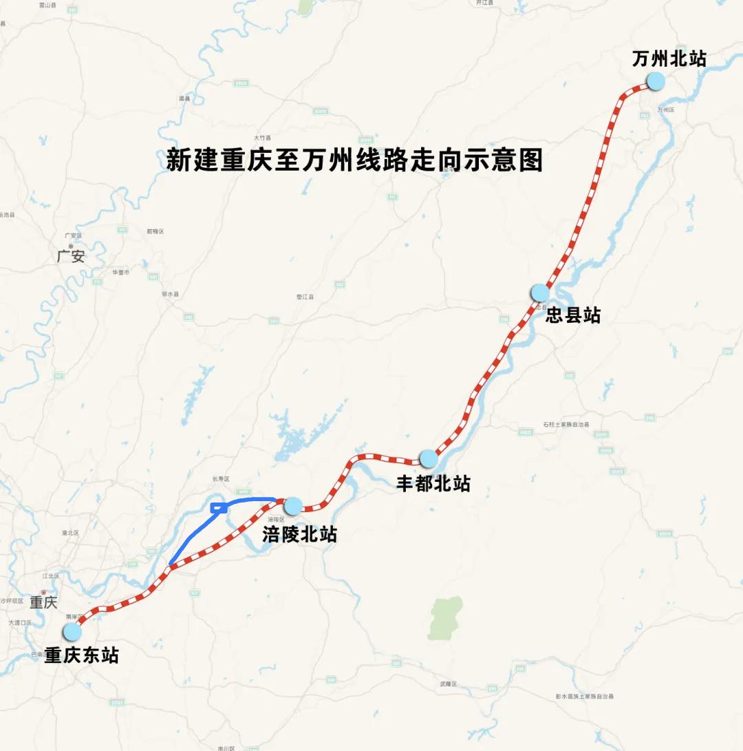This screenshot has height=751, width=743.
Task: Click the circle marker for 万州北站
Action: (x=656, y=81)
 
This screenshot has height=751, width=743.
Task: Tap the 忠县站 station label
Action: (x=573, y=315)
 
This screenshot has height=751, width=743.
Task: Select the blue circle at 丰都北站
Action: (x=428, y=458)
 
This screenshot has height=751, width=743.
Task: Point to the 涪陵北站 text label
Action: (x=300, y=534)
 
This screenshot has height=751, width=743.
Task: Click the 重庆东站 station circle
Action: (x=72, y=632)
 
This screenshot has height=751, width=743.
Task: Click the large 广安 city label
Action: (x=71, y=257)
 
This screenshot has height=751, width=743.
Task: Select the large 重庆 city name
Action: (x=43, y=602)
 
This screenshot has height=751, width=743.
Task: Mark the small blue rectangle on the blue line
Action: (x=219, y=508)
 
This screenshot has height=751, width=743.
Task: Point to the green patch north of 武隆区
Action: (x=446, y=617)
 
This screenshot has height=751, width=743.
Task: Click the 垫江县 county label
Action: (x=305, y=297)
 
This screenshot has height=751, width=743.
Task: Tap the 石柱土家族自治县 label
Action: (x=566, y=425)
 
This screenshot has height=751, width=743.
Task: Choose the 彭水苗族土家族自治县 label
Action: (x=584, y=697)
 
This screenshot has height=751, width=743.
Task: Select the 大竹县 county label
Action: (x=262, y=137)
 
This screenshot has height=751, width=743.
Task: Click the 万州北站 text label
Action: (x=669, y=59)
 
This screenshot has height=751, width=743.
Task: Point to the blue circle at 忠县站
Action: (x=540, y=293)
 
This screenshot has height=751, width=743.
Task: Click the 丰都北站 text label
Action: (x=433, y=483)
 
